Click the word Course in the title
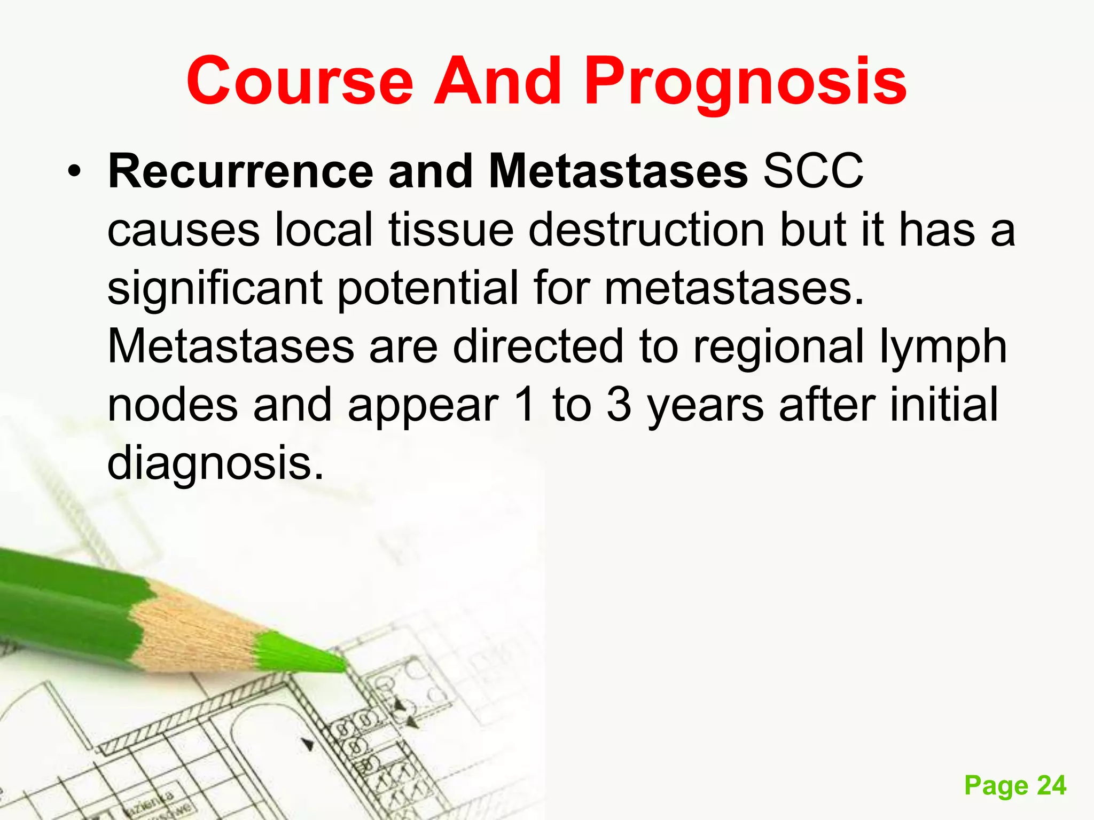[x=300, y=81]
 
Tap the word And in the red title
[x=497, y=81]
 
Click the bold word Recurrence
[x=240, y=172]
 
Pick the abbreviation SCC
[x=813, y=172]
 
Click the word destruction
[x=646, y=230]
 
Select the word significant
[x=215, y=289]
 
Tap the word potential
[x=427, y=289]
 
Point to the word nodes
[x=173, y=405]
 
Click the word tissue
[x=451, y=230]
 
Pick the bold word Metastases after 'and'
[x=618, y=172]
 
